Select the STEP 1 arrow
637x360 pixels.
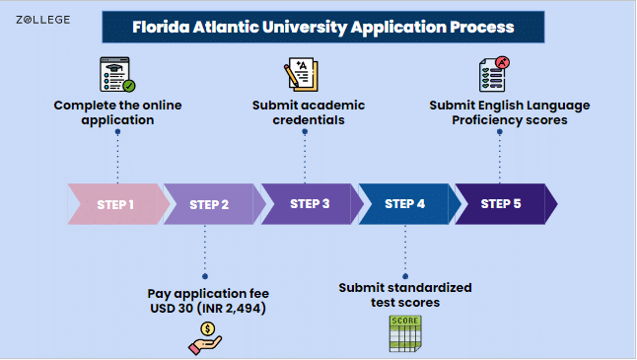pyautogui.click(x=115, y=205)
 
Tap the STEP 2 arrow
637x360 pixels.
pyautogui.click(x=210, y=205)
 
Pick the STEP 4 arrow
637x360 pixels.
pyautogui.click(x=404, y=205)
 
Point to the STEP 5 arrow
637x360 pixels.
pyautogui.click(x=501, y=205)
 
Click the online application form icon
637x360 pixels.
pyautogui.click(x=117, y=75)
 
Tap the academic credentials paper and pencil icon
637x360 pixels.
pyautogui.click(x=302, y=75)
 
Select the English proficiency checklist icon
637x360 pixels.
pyautogui.click(x=497, y=75)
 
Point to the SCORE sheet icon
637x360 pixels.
pyautogui.click(x=405, y=334)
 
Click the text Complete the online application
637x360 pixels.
pyautogui.click(x=117, y=112)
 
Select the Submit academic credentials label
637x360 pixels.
pyautogui.click(x=308, y=112)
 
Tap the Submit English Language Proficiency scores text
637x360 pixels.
pyautogui.click(x=509, y=112)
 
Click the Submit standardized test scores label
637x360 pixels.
pyautogui.click(x=405, y=295)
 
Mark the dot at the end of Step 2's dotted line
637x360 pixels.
pyautogui.click(x=205, y=276)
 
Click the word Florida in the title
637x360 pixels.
pyautogui.click(x=159, y=26)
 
